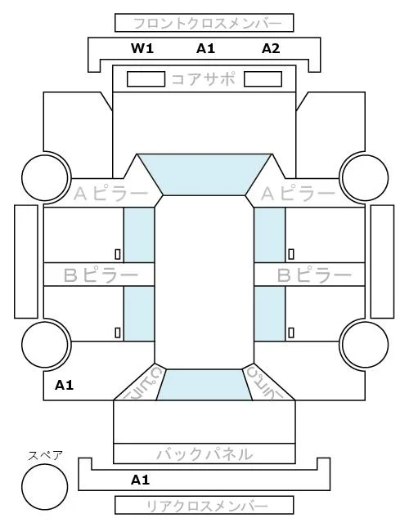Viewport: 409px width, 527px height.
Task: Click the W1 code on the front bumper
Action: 142,48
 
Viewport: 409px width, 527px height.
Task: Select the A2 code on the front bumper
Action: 271,48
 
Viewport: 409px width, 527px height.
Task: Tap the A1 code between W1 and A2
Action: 205,48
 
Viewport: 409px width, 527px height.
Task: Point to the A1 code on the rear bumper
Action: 140,480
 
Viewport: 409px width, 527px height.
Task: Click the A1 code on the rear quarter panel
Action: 65,385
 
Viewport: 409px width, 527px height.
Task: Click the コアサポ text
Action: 203,79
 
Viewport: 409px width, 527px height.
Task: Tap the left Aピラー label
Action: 110,194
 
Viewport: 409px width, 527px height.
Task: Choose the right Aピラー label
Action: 298,194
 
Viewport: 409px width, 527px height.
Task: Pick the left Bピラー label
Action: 101,275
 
